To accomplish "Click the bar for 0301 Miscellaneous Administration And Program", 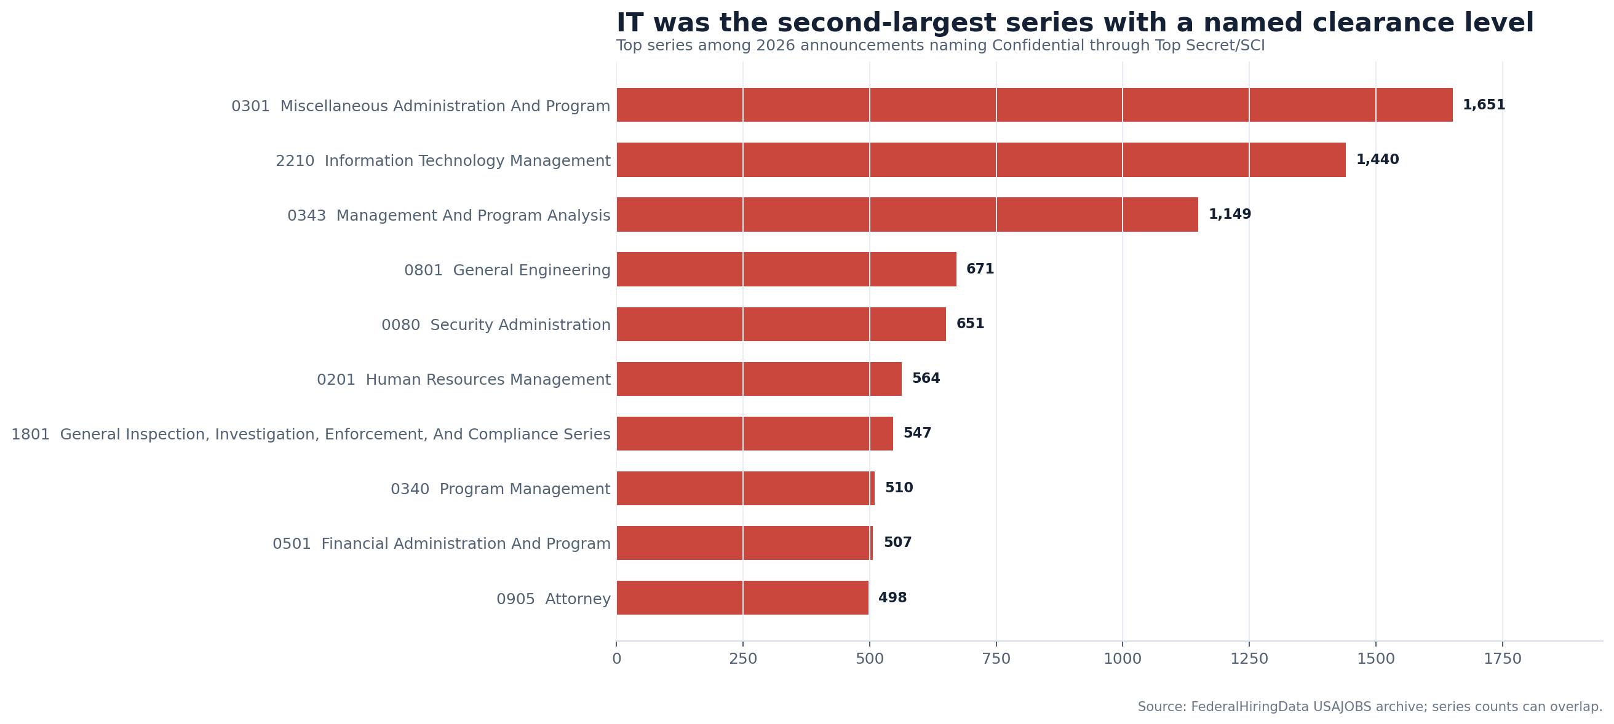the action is coord(1035,104).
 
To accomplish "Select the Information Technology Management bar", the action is coord(981,160).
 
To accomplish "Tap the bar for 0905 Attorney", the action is coord(742,597).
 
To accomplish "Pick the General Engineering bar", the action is coord(786,269).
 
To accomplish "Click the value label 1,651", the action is coord(1484,105).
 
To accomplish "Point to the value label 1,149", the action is coord(1230,214).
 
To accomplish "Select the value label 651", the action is coord(970,324).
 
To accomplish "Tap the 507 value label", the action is coord(897,542).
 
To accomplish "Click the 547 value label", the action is coord(917,433).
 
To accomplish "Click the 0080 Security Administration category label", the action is coord(496,325).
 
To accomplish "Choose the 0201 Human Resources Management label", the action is coord(464,380).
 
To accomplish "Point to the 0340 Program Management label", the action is coord(500,489).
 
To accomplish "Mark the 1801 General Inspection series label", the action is coord(311,435).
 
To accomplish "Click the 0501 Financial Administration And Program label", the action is coord(441,544).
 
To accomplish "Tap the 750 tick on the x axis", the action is coord(996,659).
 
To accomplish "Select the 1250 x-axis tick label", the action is coord(1249,659).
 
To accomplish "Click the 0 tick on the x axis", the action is coord(616,659).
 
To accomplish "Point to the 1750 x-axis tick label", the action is coord(1503,659).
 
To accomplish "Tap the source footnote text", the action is coord(1370,707).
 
